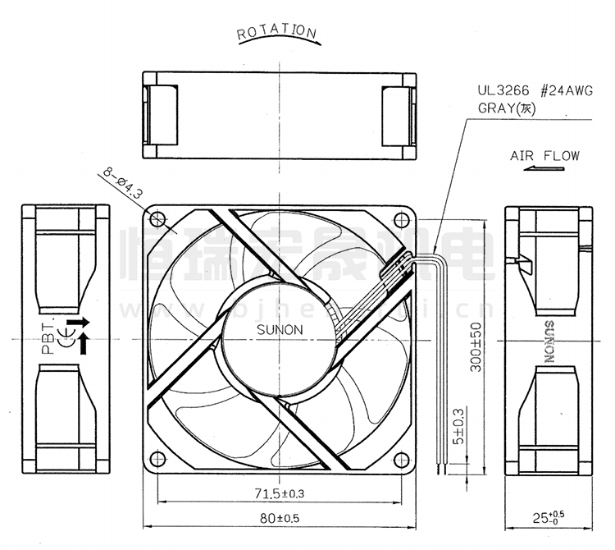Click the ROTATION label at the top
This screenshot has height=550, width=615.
[x=276, y=32]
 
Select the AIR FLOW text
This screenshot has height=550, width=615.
[x=544, y=155]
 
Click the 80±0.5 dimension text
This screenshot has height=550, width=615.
[x=279, y=519]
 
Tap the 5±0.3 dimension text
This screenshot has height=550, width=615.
[x=459, y=426]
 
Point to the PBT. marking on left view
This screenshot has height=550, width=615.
[x=48, y=336]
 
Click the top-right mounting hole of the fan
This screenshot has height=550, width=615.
[x=401, y=219]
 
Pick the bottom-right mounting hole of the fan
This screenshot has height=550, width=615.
[x=401, y=460]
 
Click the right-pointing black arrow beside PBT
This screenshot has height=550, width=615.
[x=75, y=321]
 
